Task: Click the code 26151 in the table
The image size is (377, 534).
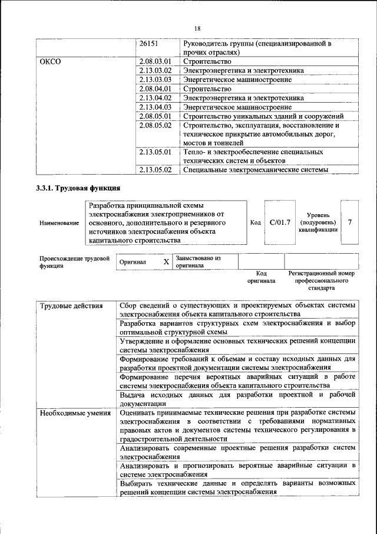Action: [148, 44]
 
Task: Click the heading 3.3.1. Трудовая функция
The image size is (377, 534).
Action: [78, 189]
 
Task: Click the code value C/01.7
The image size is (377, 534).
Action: [280, 222]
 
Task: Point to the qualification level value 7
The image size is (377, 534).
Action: [350, 222]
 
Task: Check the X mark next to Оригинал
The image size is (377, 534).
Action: [166, 261]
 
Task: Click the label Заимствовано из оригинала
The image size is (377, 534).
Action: [198, 261]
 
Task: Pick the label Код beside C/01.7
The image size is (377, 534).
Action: [255, 223]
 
